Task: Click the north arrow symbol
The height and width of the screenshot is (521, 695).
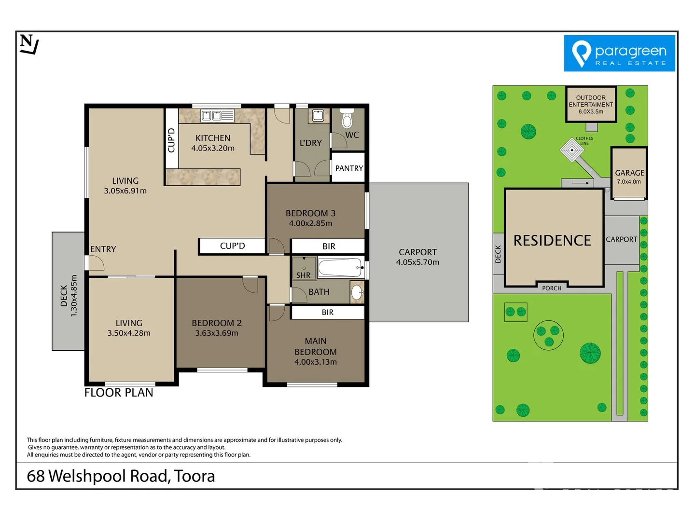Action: coord(29,44)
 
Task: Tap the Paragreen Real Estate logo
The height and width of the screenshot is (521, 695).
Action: coord(619,54)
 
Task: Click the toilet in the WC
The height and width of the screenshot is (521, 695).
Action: coord(347,119)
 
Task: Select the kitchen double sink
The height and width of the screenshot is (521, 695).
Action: coord(211,115)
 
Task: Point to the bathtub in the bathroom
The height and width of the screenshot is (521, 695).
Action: coord(340,268)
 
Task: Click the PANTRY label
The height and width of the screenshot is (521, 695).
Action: coord(348,168)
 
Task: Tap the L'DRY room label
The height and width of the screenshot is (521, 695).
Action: coord(310,143)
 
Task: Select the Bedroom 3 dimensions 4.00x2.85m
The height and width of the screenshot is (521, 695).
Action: coord(310,223)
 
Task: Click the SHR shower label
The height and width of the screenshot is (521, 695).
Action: coord(303,275)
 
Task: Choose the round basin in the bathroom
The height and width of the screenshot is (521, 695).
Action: coord(357,292)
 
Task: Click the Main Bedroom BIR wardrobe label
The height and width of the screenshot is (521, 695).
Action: coord(328,313)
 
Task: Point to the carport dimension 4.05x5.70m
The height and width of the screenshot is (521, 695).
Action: coord(417,262)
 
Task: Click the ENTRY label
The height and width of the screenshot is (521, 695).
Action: coord(103,249)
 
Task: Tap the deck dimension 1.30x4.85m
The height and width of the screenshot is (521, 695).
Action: coord(74,296)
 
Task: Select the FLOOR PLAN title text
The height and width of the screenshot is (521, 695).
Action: coord(119,393)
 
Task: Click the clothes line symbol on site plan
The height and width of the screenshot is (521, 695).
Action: coord(572,150)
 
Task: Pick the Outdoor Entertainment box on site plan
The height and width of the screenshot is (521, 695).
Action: coord(591,104)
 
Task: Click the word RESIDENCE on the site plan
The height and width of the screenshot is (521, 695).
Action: coord(552,241)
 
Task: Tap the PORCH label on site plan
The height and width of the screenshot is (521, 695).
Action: coord(552,288)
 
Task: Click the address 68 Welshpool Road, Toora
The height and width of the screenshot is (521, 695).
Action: coord(121,476)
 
